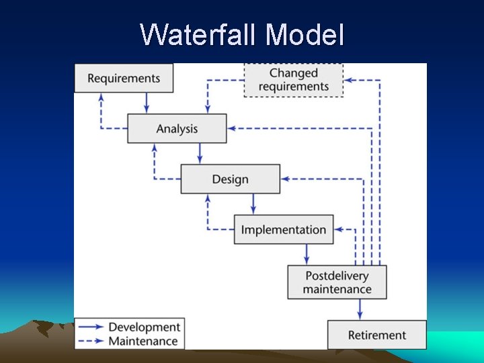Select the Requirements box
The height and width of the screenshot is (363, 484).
point(124,78)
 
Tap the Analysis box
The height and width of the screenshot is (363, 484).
point(177,128)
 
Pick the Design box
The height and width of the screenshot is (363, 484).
point(230,179)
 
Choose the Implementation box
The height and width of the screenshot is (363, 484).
point(283,229)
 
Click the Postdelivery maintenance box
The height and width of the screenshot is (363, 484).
point(337,282)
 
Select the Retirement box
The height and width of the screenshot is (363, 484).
point(376,335)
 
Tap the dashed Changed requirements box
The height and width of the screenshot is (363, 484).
point(293,80)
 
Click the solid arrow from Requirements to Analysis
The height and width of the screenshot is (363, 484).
point(147,103)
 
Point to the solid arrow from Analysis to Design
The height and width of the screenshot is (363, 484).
point(200,153)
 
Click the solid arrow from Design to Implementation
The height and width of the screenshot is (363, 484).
point(253,204)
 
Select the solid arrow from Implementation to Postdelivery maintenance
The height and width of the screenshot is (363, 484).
point(307,254)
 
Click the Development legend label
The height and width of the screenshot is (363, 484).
point(145,327)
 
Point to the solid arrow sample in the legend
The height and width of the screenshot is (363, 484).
point(91,327)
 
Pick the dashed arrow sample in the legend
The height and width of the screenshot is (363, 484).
point(91,341)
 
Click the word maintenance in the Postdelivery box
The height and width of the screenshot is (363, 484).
point(337,290)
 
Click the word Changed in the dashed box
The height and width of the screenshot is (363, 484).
point(293,73)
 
